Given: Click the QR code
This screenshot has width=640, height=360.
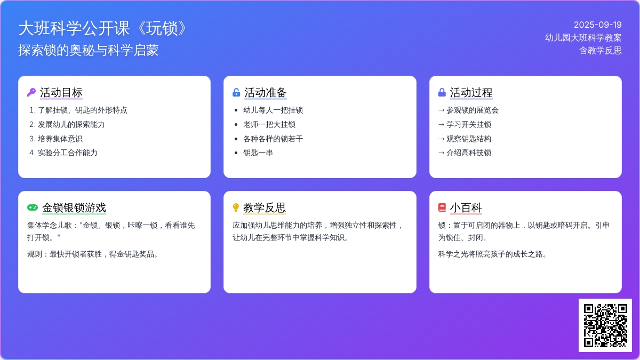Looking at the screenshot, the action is (605, 325).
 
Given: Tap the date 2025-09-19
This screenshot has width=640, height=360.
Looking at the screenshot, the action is (598, 25).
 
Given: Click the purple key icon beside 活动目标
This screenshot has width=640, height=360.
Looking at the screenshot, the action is (31, 92).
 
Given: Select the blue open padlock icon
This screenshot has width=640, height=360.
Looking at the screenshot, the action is (236, 92).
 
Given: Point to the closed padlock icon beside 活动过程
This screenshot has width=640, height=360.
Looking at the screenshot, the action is (442, 92).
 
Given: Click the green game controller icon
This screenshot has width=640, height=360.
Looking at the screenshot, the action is (33, 207).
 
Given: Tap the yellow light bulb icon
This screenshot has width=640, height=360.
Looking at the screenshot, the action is (236, 207).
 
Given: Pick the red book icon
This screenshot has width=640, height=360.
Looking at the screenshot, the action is (442, 207).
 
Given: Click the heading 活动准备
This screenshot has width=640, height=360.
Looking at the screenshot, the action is (266, 93).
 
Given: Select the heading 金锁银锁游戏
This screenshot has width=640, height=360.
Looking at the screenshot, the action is (74, 207).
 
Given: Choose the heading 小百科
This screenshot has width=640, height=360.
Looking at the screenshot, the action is (466, 207).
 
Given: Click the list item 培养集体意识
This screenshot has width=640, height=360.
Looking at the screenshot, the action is (60, 139).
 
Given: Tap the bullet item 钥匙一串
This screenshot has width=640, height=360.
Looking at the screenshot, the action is (258, 153).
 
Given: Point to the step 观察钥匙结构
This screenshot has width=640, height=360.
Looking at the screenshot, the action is (469, 139).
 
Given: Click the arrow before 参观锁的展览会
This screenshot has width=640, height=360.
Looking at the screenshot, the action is (442, 110).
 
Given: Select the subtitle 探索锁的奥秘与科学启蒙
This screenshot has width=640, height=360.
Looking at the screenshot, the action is (89, 50).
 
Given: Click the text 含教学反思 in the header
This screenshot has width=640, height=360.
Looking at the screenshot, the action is (601, 51).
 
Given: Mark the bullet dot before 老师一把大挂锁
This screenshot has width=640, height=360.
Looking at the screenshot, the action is (236, 125).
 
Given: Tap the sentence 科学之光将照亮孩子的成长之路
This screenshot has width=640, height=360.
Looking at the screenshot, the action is (492, 254).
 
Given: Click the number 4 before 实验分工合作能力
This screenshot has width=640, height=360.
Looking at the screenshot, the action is (31, 153).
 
